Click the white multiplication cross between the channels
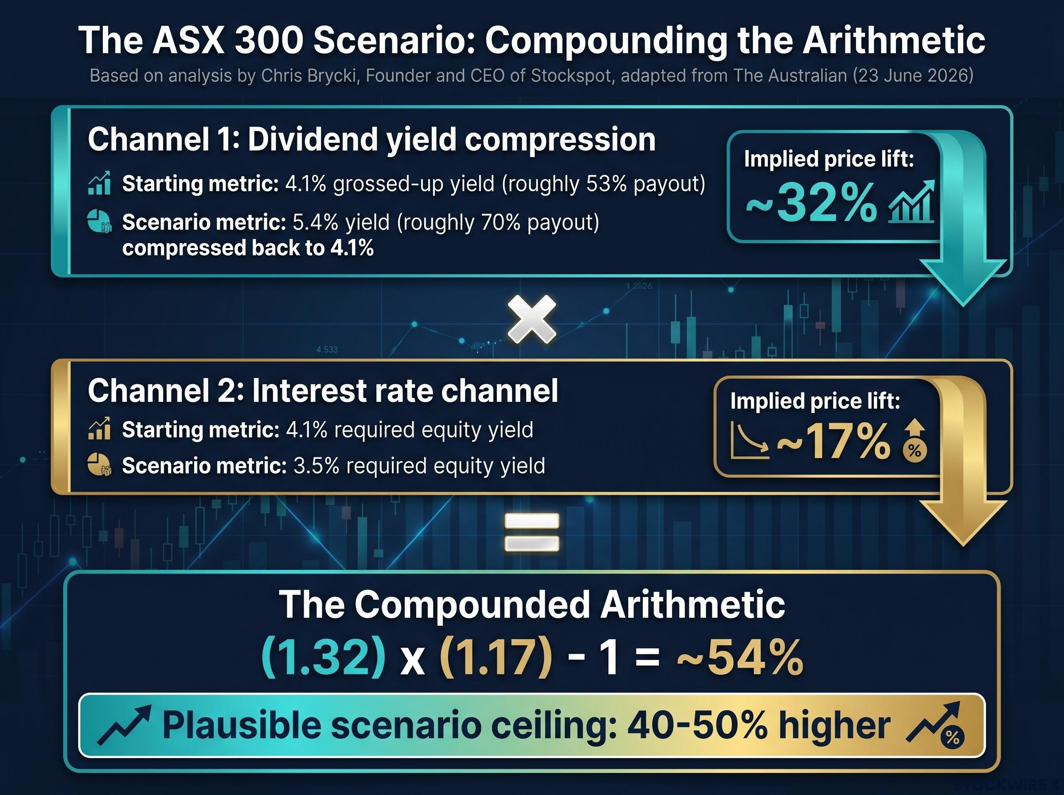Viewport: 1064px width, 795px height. tap(532, 319)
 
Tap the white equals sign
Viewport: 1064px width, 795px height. tap(532, 532)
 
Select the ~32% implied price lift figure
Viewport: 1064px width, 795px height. tap(812, 203)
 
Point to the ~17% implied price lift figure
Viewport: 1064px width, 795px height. tap(833, 441)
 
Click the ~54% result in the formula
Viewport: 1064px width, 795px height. tap(740, 657)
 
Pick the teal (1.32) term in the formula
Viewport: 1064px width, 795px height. tap(323, 657)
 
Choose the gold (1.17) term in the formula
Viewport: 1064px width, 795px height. tap(496, 657)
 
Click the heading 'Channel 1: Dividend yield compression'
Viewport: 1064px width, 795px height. tap(372, 140)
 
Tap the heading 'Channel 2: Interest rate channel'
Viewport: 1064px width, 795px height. tap(323, 390)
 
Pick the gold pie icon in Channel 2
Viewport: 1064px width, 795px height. tap(99, 465)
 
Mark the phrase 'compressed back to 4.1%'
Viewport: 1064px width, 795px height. tap(248, 248)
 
